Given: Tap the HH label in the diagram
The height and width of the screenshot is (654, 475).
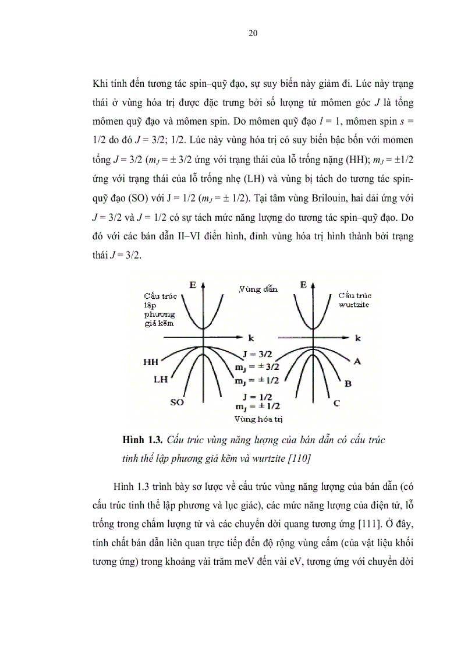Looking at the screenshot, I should (x=151, y=362).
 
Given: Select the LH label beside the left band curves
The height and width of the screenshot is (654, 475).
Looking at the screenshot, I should (x=161, y=379).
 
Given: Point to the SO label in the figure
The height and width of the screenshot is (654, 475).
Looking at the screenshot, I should (x=177, y=402).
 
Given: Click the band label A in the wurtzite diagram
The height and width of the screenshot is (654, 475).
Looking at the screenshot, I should (x=357, y=362).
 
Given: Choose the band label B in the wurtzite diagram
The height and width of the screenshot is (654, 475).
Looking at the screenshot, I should (x=348, y=383).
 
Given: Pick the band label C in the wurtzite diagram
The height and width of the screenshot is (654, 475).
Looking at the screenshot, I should (x=336, y=402).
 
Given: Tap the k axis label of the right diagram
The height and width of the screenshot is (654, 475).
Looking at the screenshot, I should (x=358, y=338).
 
